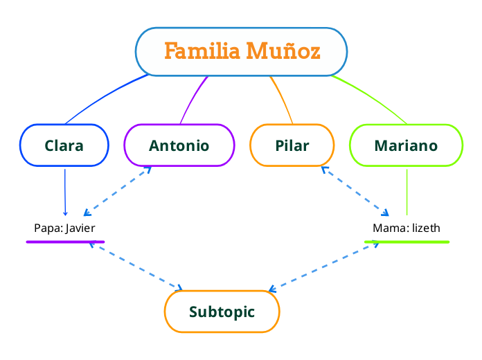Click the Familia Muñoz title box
[241, 51]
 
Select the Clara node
[64, 145]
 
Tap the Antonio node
[179, 145]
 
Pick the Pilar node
[292, 145]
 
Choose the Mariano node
[406, 145]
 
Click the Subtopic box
[222, 312]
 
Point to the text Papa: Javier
[64, 228]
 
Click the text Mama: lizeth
[406, 228]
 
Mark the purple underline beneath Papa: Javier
[65, 242]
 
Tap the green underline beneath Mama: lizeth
[407, 242]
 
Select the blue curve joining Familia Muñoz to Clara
[104, 96]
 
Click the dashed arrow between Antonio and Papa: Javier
[116, 191]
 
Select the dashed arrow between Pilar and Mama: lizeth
[355, 190]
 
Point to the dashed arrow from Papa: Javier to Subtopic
[136, 266]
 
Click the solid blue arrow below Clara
[64, 192]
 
